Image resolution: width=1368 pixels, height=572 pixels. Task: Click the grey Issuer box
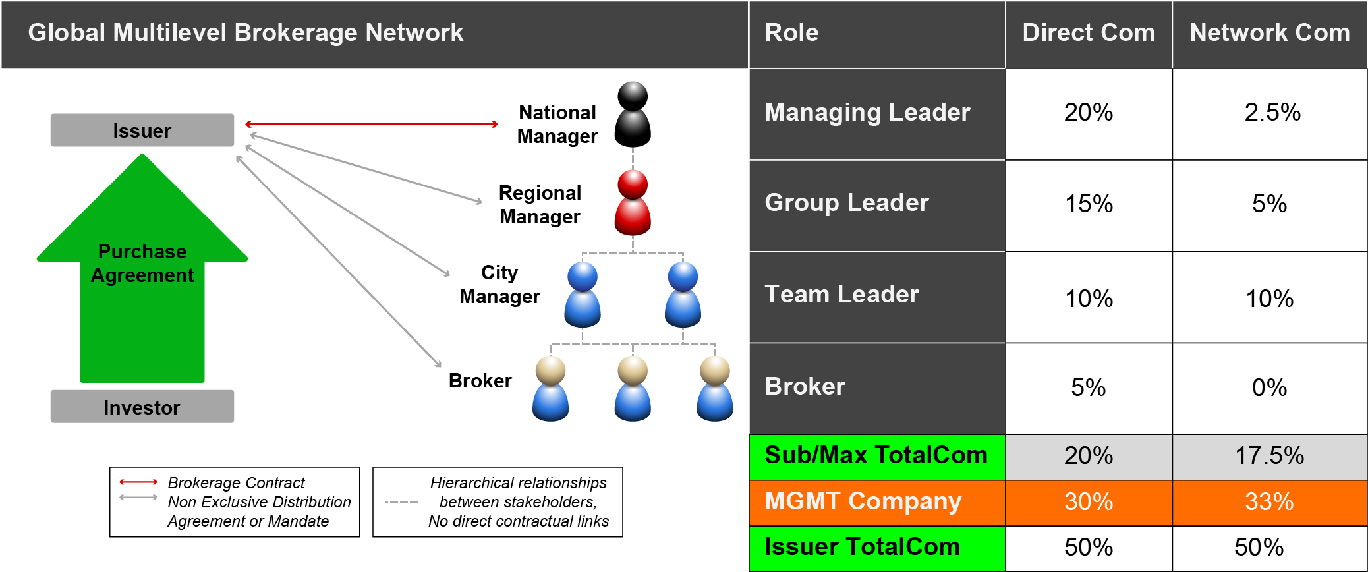[x=142, y=130]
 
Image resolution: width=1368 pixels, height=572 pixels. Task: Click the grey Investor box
[x=142, y=407]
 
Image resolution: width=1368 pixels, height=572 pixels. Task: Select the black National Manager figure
[x=633, y=115]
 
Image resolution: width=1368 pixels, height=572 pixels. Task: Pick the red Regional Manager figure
[x=633, y=203]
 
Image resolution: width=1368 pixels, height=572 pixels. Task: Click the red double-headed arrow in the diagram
[x=371, y=124]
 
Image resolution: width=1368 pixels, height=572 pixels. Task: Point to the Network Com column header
[x=1269, y=33]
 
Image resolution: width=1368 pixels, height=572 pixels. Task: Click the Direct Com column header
[x=1088, y=33]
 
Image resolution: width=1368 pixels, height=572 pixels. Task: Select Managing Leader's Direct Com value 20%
[x=1088, y=113]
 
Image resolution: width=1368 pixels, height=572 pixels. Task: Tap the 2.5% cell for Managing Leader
[x=1272, y=113]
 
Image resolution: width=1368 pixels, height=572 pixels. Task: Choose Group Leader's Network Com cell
[x=1269, y=204]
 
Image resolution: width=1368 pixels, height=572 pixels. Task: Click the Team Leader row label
[x=841, y=295]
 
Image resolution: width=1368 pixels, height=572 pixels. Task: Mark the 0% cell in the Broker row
[x=1269, y=387]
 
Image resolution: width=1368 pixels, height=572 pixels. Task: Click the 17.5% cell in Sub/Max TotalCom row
[x=1269, y=456]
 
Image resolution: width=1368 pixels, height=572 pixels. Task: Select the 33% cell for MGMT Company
[x=1269, y=502]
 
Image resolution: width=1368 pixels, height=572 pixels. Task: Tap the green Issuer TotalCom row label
[x=862, y=547]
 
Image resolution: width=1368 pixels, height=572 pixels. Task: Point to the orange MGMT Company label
[x=863, y=501]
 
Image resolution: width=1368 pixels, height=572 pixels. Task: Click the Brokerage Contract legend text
[x=236, y=483]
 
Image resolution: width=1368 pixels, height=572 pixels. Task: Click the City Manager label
[x=499, y=285]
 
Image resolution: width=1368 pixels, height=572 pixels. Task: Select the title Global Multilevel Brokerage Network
[x=245, y=33]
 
